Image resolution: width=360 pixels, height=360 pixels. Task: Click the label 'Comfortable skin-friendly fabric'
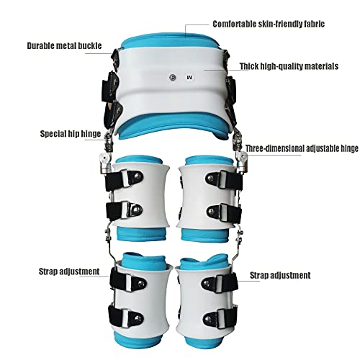pyautogui.click(x=269, y=24)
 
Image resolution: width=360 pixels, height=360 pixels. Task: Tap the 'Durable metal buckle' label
pyautogui.click(x=64, y=45)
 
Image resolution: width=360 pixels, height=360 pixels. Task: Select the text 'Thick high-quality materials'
pyautogui.click(x=289, y=66)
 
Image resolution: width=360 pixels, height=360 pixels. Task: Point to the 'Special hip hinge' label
pyautogui.click(x=71, y=134)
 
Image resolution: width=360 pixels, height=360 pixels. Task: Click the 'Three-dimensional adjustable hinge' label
pyautogui.click(x=302, y=148)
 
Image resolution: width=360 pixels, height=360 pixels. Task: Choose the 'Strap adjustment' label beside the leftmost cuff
pyautogui.click(x=69, y=271)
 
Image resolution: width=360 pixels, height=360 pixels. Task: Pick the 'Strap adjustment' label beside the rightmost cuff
pyautogui.click(x=280, y=275)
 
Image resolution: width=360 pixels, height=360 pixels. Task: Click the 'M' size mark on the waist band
pyautogui.click(x=189, y=78)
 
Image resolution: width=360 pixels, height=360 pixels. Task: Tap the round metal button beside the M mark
pyautogui.click(x=173, y=77)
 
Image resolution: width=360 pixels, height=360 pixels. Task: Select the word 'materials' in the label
pyautogui.click(x=322, y=66)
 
